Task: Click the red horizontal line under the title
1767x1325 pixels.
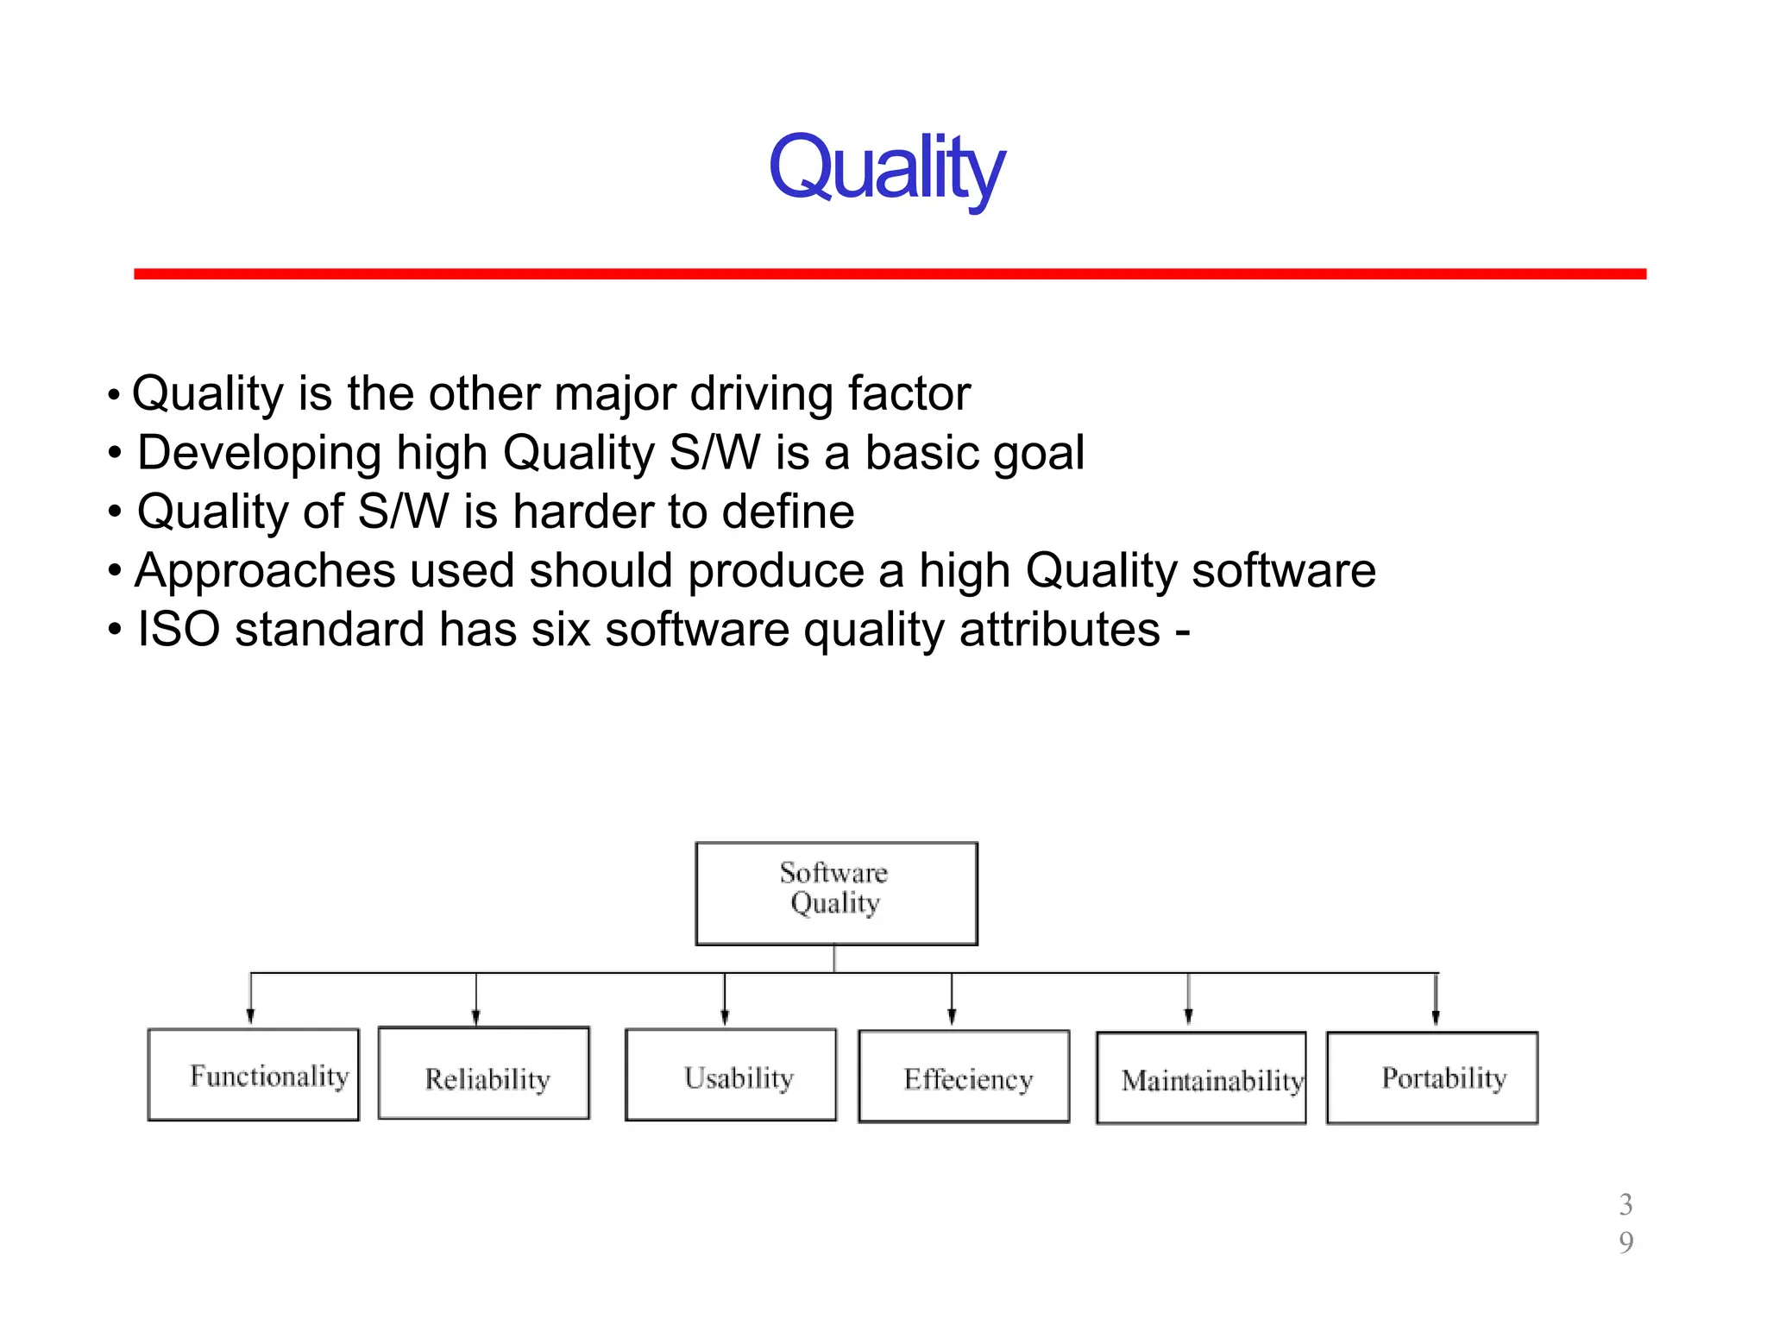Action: tap(889, 273)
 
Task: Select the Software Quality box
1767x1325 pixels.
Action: tap(836, 893)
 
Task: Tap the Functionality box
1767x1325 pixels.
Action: tap(253, 1075)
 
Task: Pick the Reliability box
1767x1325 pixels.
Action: tap(484, 1074)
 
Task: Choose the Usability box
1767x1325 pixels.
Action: tap(731, 1075)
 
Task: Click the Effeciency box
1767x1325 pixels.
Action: tap(964, 1077)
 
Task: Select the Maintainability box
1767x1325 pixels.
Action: tap(1201, 1078)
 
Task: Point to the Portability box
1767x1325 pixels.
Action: tap(1432, 1077)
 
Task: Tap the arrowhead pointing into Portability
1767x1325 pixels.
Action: tap(1436, 1018)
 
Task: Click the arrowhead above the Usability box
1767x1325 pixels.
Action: tap(725, 1018)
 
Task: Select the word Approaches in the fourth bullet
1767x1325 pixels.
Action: tap(265, 570)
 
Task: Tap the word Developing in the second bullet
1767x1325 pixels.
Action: tap(259, 453)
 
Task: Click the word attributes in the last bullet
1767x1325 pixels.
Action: tap(1060, 629)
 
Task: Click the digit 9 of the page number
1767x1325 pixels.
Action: tap(1626, 1242)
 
